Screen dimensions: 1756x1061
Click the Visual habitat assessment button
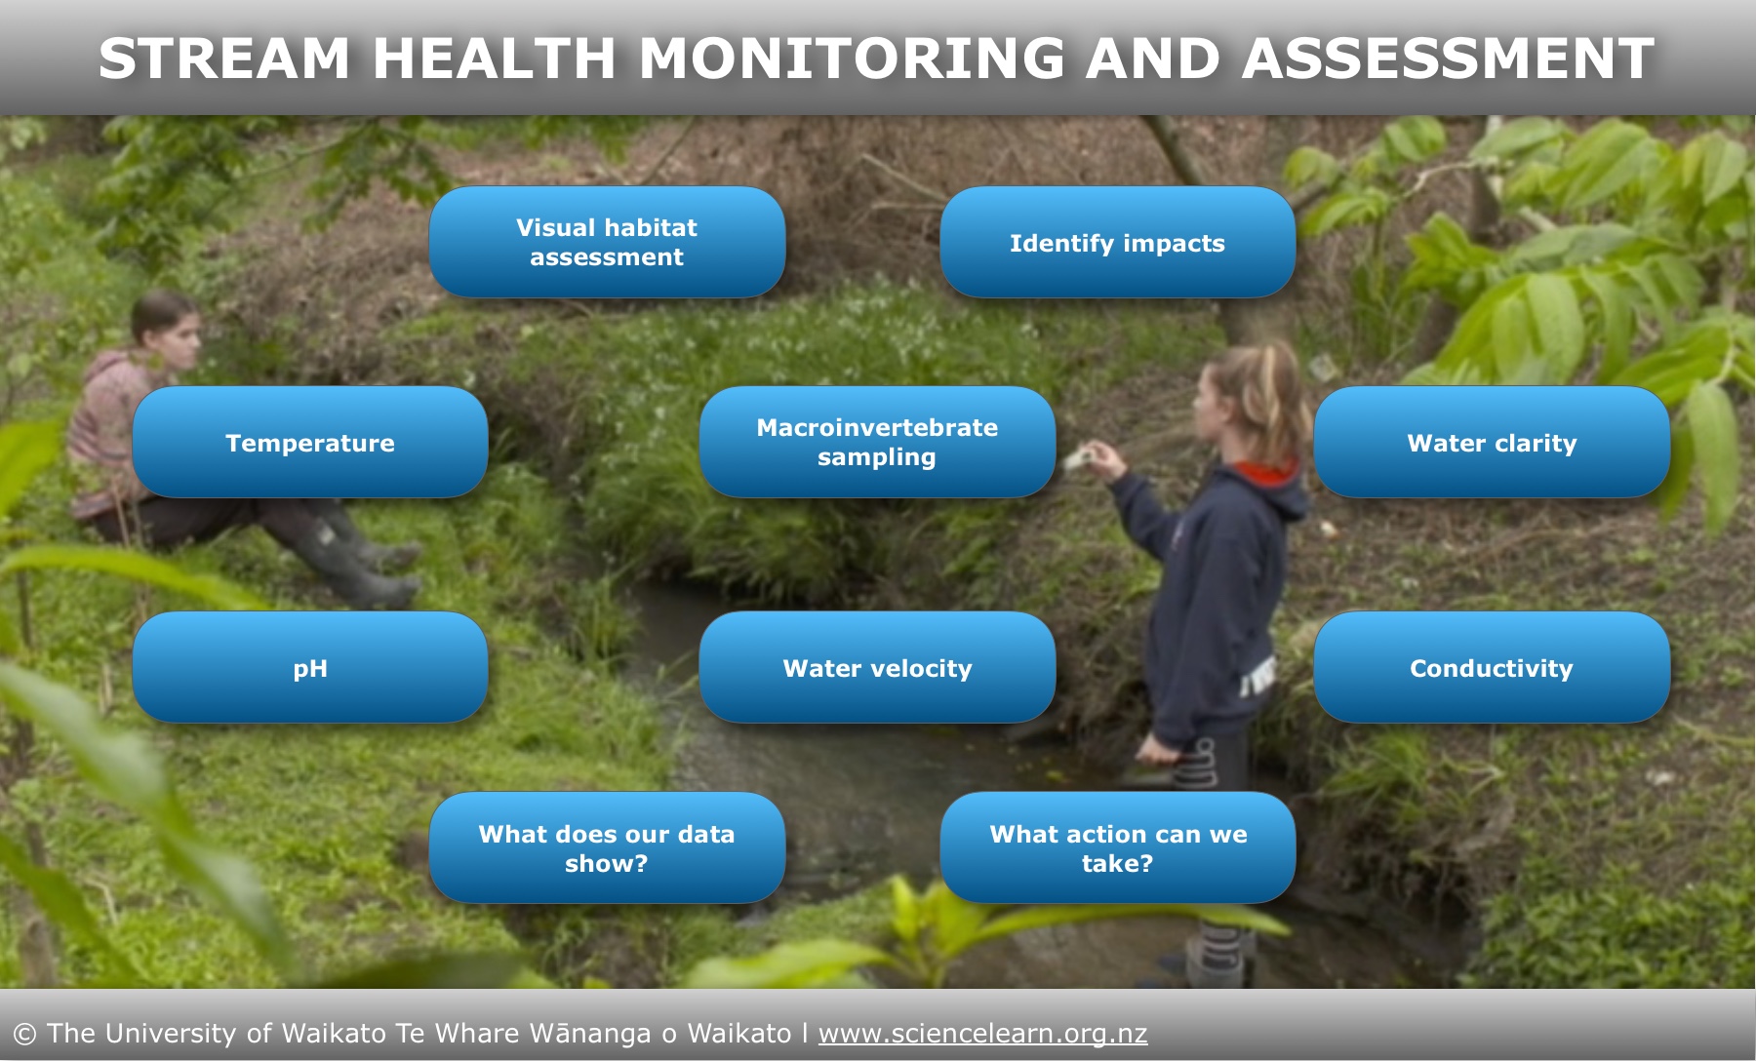pos(607,242)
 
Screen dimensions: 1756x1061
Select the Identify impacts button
pos(1117,242)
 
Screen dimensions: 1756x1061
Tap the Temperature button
pos(310,442)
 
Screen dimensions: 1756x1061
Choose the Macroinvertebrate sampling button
pos(877,442)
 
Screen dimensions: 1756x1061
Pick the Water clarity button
pos(1492,442)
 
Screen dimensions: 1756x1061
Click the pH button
pos(310,667)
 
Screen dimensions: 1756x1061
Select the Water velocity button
pos(877,667)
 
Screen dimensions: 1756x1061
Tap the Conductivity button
pos(1492,667)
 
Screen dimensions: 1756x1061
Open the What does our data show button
pos(607,847)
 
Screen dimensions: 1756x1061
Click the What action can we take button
pos(1117,847)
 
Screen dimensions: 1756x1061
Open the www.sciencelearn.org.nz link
pos(982,1033)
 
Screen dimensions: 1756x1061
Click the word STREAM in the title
pos(224,59)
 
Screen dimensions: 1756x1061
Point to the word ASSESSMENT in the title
pos(1448,59)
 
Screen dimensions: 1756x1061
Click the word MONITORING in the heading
pos(852,59)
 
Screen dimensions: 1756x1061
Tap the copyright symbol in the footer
pos(24,1034)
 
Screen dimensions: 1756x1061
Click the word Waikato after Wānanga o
pos(739,1033)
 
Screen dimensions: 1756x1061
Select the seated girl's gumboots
pos(356,561)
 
